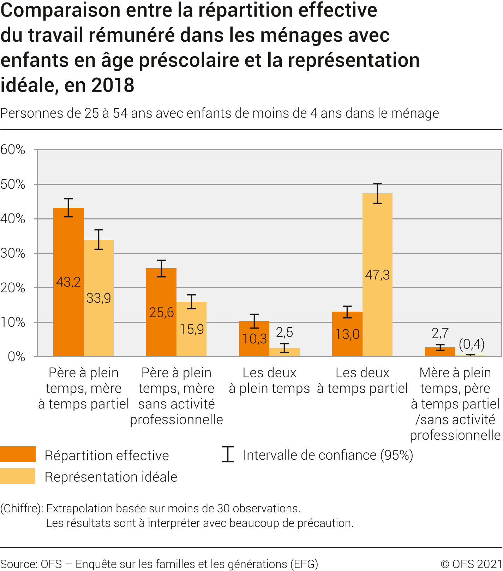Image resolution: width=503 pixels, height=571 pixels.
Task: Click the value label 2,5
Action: click(x=285, y=332)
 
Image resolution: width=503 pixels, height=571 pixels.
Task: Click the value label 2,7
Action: click(x=440, y=333)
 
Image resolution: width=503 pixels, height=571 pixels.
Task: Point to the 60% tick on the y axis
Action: click(x=13, y=150)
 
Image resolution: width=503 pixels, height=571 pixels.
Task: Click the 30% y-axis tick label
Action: click(x=13, y=253)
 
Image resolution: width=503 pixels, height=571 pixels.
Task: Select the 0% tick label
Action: click(x=17, y=357)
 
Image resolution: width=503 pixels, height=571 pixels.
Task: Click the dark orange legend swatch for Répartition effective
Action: click(x=18, y=454)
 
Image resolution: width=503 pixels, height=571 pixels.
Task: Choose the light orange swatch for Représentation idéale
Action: click(x=18, y=476)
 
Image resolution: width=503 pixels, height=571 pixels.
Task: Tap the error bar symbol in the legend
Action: click(x=228, y=454)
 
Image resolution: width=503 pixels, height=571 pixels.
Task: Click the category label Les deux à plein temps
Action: click(x=269, y=381)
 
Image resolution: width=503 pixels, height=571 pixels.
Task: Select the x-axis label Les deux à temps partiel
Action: click(x=362, y=381)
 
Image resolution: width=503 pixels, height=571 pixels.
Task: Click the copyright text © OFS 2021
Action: click(x=472, y=564)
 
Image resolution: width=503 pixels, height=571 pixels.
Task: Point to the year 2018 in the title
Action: click(x=113, y=85)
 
